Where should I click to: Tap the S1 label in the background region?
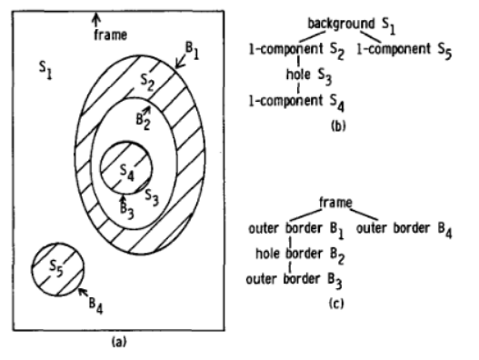[46, 66]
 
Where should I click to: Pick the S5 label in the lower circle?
[55, 267]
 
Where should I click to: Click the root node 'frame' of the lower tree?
[336, 200]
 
